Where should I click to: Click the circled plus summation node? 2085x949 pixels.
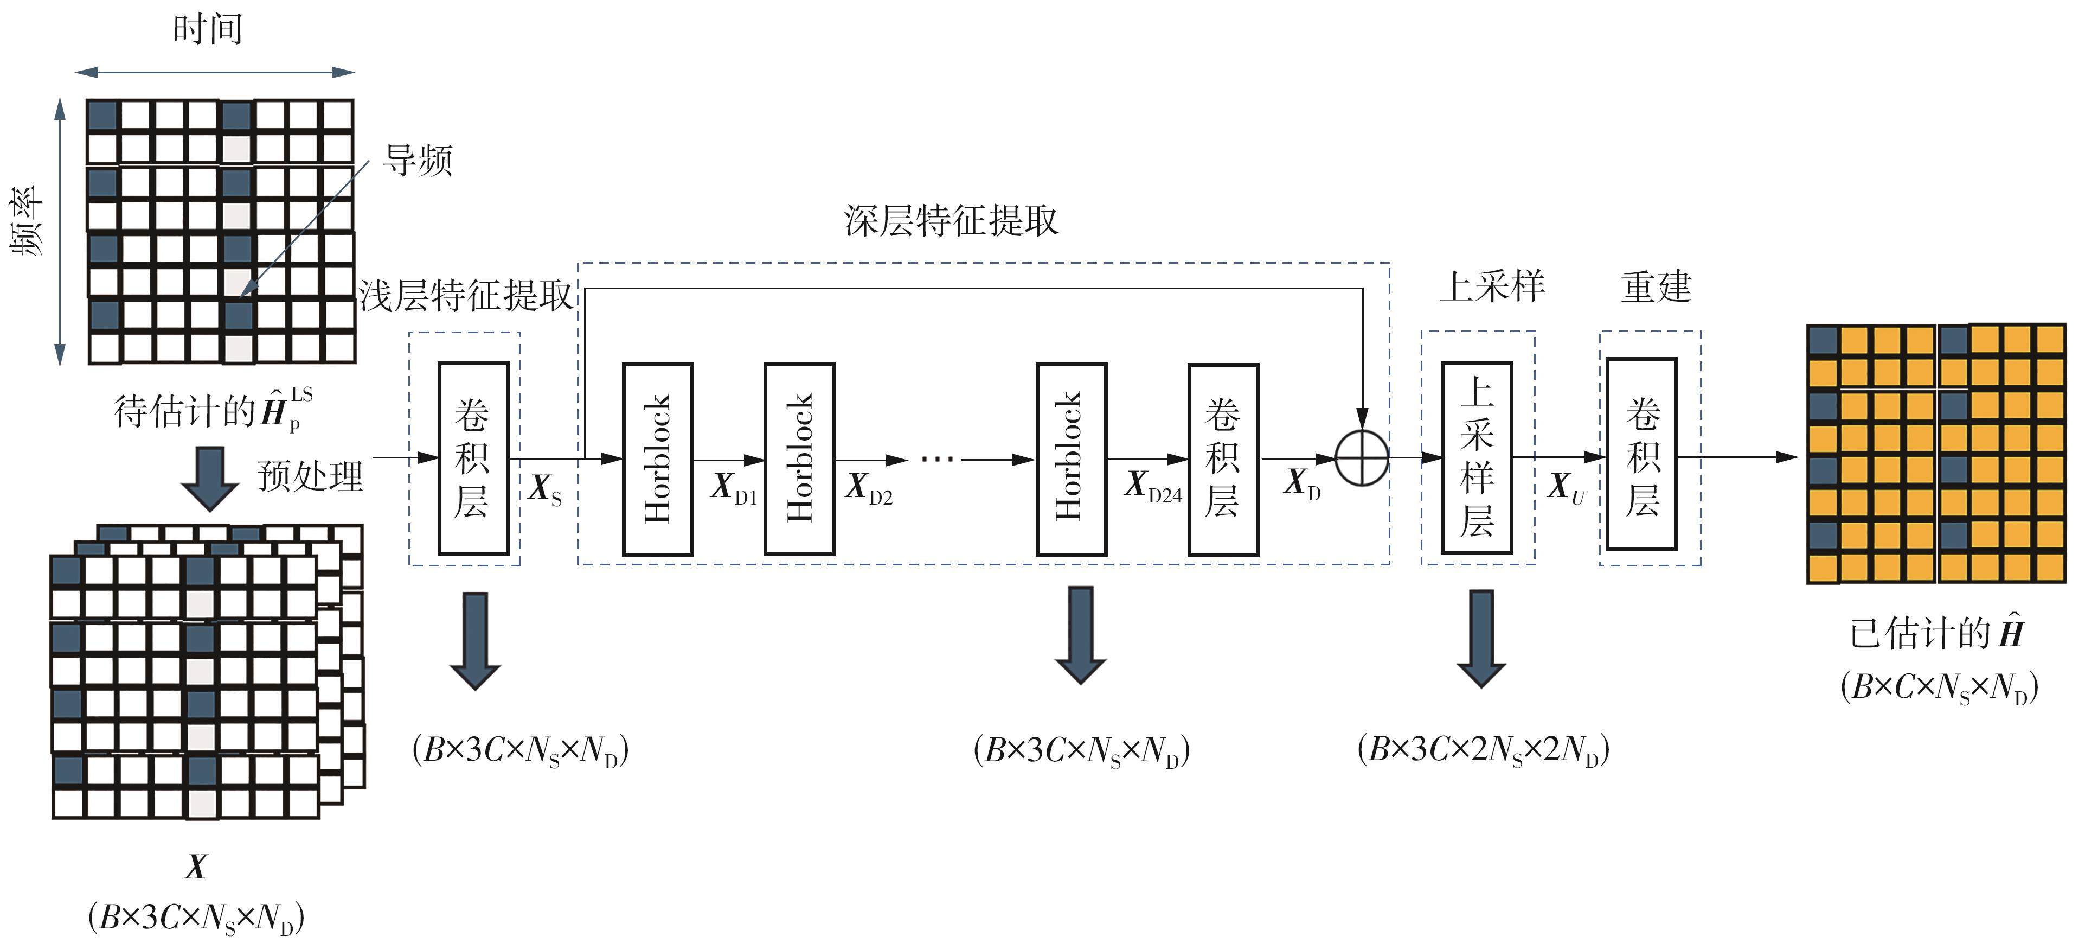1362,458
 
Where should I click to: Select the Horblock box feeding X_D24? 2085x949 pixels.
1071,458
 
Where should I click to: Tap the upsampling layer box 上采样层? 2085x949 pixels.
1477,458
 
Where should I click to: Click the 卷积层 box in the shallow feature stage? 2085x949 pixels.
473,458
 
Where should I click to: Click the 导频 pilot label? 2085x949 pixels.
418,160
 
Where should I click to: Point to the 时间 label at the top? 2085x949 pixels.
208,29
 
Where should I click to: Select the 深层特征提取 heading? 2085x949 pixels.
951,220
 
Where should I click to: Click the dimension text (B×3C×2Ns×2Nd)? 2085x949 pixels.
1483,750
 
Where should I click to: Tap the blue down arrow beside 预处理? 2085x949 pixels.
210,479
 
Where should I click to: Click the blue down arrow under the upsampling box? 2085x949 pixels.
1481,638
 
